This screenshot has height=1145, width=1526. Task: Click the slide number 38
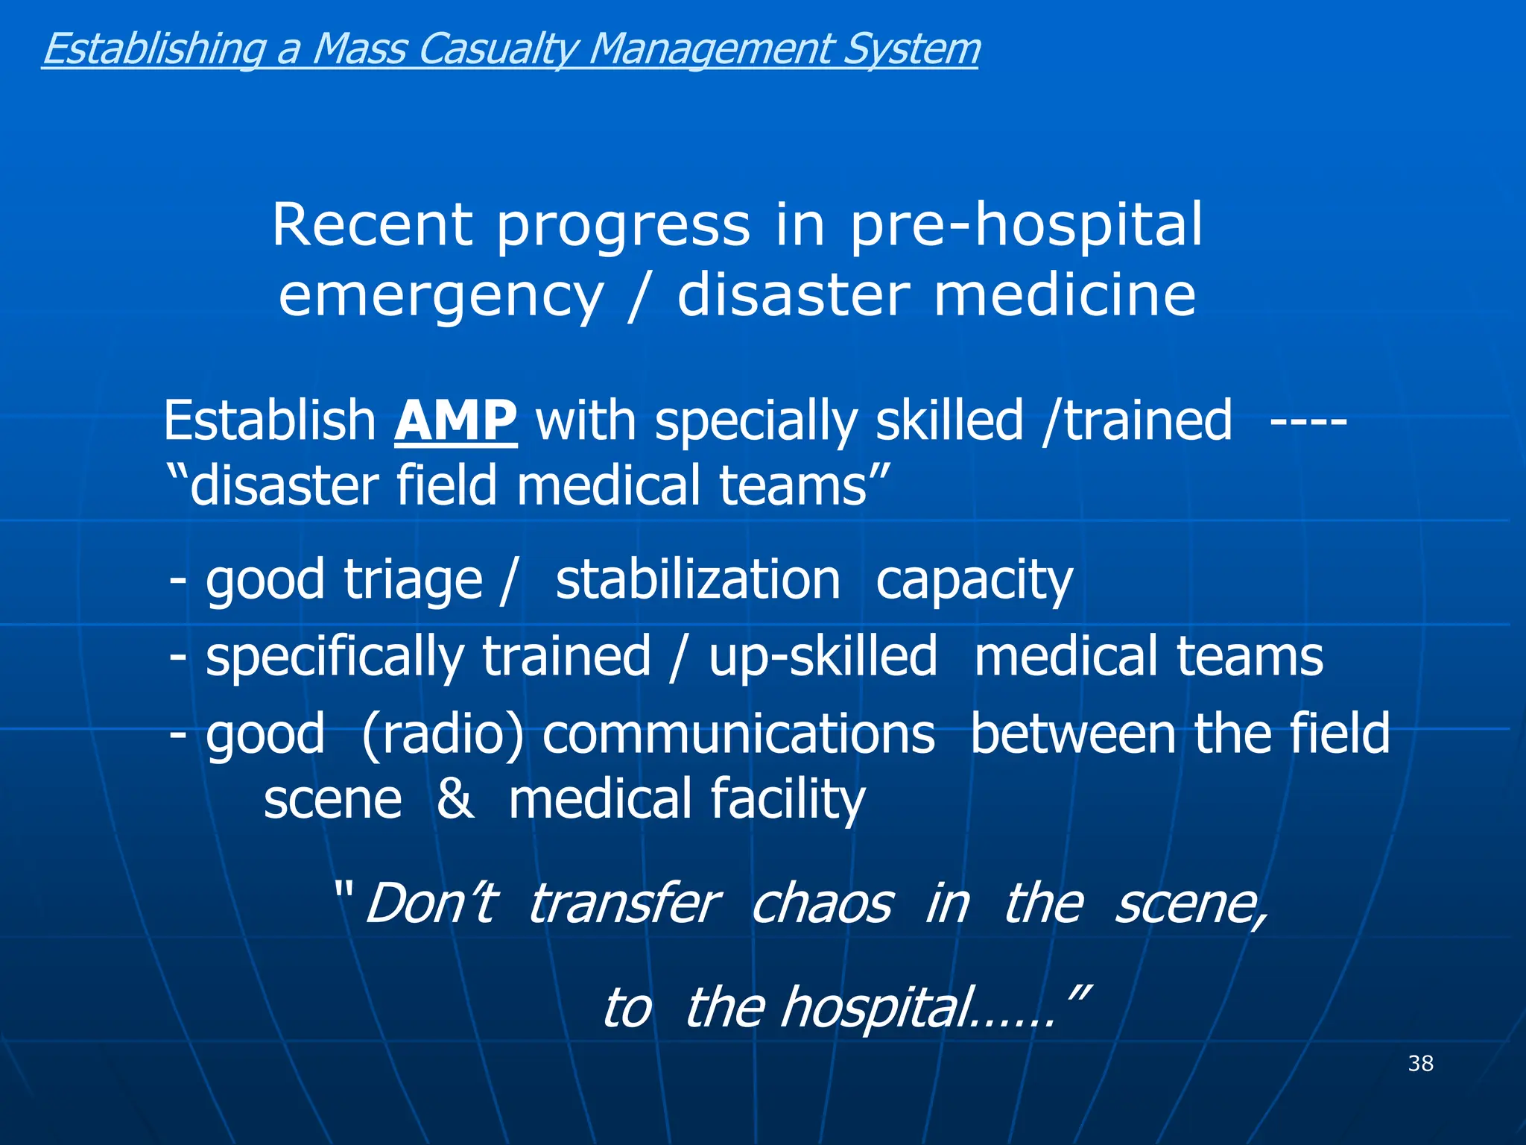pyautogui.click(x=1420, y=1063)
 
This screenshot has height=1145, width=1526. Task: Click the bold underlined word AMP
pyautogui.click(x=455, y=421)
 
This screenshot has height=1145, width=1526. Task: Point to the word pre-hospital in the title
pyautogui.click(x=1026, y=227)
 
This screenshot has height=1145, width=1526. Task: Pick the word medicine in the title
pyautogui.click(x=1065, y=295)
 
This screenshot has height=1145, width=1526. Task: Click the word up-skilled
pyautogui.click(x=823, y=657)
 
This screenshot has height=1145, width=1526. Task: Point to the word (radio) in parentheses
pyautogui.click(x=442, y=735)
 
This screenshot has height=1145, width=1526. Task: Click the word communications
pyautogui.click(x=738, y=734)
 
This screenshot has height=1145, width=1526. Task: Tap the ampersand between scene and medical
pyautogui.click(x=455, y=798)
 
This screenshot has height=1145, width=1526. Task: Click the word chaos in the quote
pyautogui.click(x=821, y=904)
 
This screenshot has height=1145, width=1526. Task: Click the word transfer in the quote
pyautogui.click(x=624, y=904)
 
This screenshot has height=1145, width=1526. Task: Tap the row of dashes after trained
pyautogui.click(x=1308, y=423)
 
